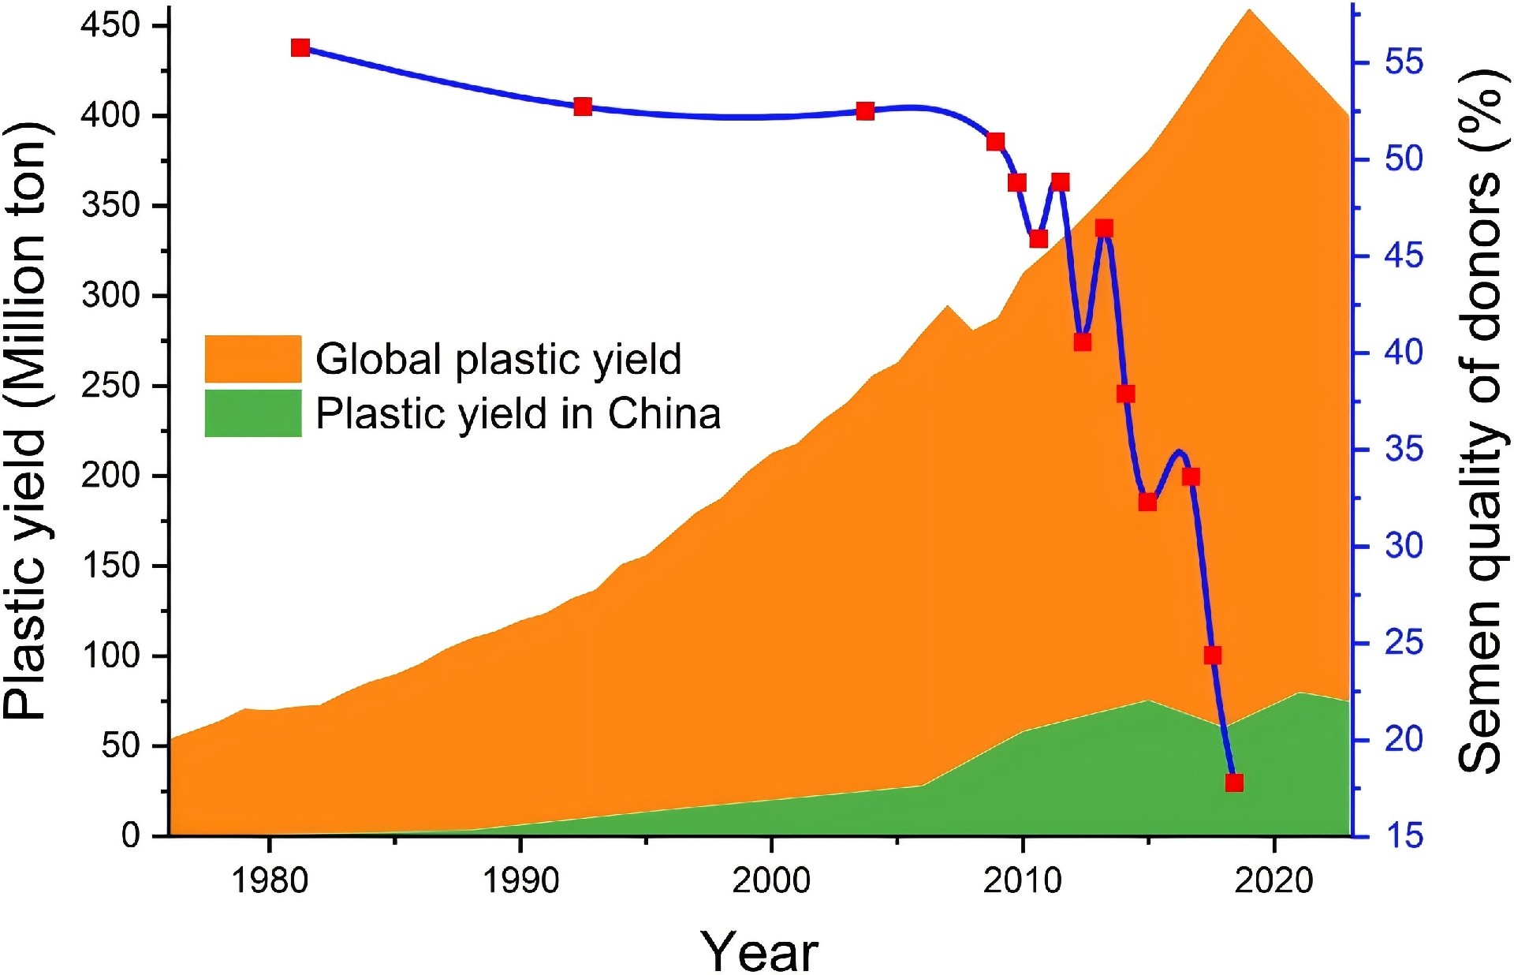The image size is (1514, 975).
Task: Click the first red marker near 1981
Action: [300, 48]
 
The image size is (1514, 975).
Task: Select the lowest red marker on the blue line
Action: [1234, 783]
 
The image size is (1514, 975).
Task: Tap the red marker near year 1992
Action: [583, 106]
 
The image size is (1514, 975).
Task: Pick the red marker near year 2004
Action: [865, 111]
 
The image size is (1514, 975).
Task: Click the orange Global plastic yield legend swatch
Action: [252, 359]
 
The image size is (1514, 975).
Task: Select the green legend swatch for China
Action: [252, 413]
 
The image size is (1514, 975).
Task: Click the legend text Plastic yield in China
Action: [518, 413]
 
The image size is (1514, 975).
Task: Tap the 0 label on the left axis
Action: [131, 835]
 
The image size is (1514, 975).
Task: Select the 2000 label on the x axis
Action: [771, 880]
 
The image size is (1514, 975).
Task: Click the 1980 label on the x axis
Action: [269, 880]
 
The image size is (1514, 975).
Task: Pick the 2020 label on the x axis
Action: [1273, 880]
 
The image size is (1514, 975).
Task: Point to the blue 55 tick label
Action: [1404, 62]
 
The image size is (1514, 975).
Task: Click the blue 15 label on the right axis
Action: [1404, 835]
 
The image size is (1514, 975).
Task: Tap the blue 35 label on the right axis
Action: [1404, 450]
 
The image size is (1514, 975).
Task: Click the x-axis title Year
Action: [759, 951]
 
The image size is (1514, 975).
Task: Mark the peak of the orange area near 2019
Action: [1249, 9]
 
